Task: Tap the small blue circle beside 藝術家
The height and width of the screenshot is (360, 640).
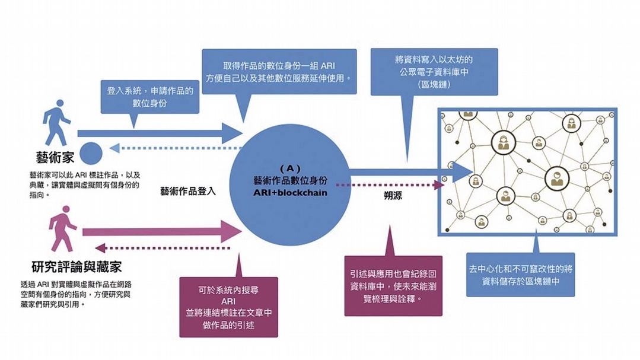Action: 91,153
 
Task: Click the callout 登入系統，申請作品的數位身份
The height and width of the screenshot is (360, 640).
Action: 149,97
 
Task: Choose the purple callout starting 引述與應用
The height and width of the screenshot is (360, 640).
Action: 393,285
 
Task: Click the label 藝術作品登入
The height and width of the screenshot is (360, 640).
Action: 187,192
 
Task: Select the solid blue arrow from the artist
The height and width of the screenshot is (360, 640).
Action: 160,133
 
